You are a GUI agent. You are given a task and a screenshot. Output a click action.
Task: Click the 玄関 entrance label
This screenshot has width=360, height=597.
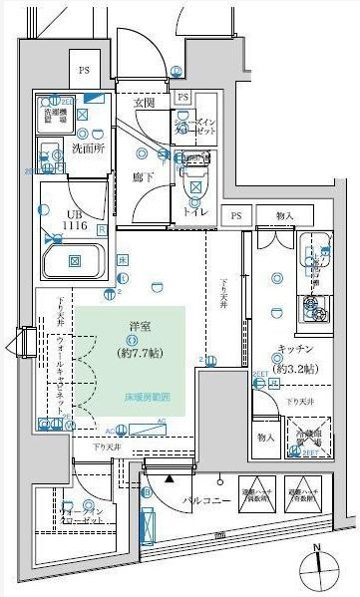[x=144, y=103]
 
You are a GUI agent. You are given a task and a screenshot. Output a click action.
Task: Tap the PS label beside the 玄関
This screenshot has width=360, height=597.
[x=182, y=98]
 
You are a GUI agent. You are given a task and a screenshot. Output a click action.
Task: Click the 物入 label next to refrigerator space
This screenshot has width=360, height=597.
[x=264, y=438]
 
